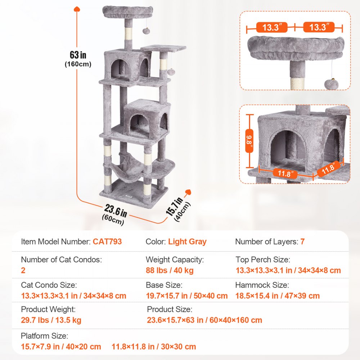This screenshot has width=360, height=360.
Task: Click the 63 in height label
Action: click(78, 55)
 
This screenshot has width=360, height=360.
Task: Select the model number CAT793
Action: click(107, 242)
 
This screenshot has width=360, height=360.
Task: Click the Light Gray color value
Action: click(187, 242)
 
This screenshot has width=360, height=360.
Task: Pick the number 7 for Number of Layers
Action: click(302, 242)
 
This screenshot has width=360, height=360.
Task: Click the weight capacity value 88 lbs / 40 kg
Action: click(170, 270)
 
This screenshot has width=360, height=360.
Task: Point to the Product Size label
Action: click(170, 309)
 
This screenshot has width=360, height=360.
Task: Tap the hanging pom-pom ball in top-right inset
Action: click(331, 85)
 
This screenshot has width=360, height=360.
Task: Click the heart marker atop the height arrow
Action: click(76, 9)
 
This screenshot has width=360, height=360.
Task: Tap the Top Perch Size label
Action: click(263, 260)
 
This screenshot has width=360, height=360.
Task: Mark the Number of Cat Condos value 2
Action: click(23, 270)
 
